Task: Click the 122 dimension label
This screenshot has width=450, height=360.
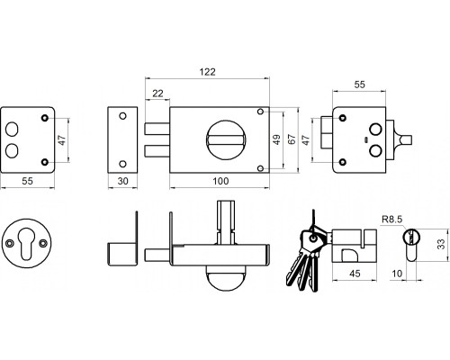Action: coord(208,72)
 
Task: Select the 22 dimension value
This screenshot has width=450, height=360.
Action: coord(157,94)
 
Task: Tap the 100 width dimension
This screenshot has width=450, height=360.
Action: coord(220,181)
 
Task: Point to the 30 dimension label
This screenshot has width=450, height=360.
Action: coord(123,181)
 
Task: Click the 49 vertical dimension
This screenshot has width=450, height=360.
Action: coord(277,139)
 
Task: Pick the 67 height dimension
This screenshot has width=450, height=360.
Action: coord(292,139)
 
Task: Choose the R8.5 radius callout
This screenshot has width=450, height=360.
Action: coord(391,220)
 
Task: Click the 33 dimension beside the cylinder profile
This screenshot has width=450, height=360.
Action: coord(441,244)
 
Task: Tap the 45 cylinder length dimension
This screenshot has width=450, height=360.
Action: coord(355,274)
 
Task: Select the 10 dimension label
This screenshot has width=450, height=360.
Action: coord(397,274)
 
